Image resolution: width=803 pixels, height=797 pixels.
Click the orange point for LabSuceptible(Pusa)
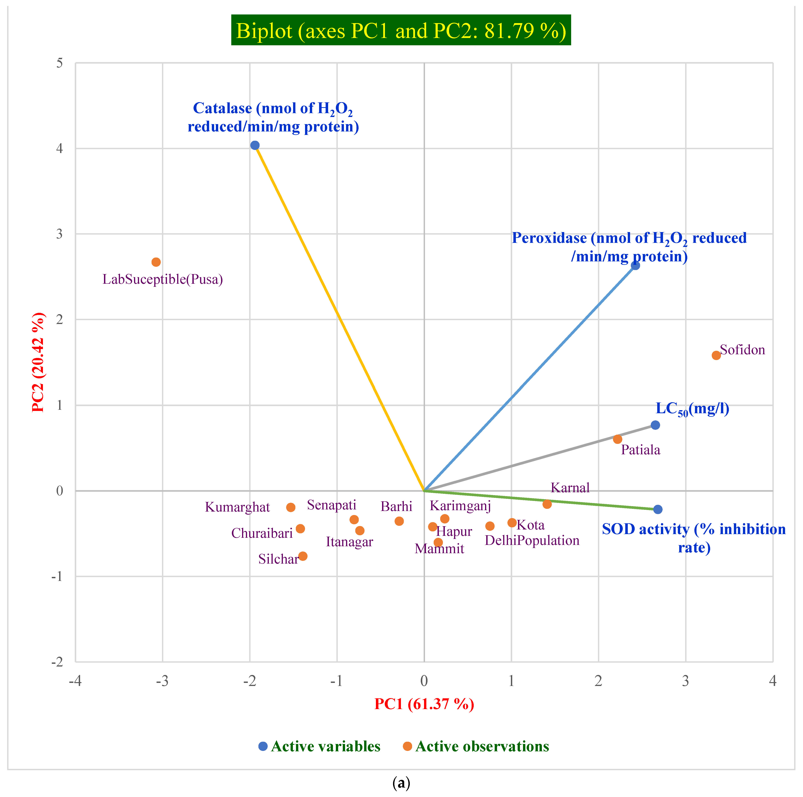[156, 262]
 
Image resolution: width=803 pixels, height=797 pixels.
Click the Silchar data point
[303, 556]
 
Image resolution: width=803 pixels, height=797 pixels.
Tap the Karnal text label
[570, 487]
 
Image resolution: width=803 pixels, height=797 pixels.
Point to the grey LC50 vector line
[540, 458]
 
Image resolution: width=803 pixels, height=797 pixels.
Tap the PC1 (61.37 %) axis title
[424, 704]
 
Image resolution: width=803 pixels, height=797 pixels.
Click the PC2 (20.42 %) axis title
[38, 362]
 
